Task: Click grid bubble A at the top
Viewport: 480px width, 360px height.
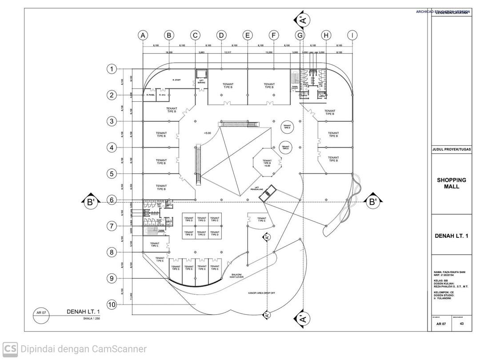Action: [143, 35]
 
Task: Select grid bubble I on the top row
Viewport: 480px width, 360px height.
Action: [352, 35]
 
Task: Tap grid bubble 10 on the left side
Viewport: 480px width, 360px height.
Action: [112, 304]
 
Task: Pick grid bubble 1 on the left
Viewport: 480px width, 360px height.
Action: [112, 69]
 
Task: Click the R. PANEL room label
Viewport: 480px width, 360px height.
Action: [150, 95]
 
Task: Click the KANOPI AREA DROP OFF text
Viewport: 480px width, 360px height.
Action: [262, 293]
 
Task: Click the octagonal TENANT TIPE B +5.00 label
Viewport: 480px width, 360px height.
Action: [267, 163]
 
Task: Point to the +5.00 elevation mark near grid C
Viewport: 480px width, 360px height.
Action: [208, 133]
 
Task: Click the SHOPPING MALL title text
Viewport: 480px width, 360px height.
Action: [451, 183]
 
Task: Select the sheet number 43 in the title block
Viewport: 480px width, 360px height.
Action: [462, 324]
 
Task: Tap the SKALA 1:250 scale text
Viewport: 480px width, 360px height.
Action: [92, 319]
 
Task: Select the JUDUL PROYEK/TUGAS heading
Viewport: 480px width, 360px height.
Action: [451, 150]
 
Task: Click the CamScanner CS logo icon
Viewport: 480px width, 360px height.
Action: [10, 349]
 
